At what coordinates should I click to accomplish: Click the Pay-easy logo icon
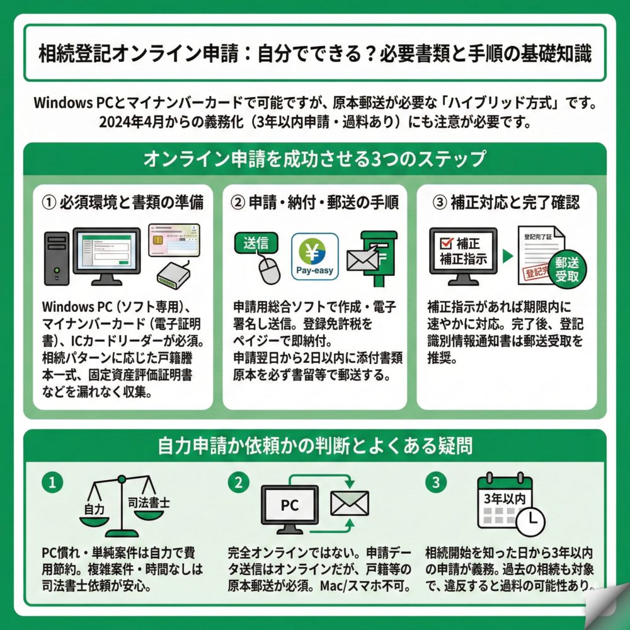point(314,257)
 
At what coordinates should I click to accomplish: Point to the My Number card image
point(174,239)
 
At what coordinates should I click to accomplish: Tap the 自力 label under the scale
point(94,508)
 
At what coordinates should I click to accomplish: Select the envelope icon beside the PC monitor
point(350,503)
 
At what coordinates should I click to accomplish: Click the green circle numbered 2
point(238,483)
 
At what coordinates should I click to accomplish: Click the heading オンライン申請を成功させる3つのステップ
point(314,159)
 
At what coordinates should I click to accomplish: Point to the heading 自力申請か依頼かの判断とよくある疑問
point(314,445)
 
